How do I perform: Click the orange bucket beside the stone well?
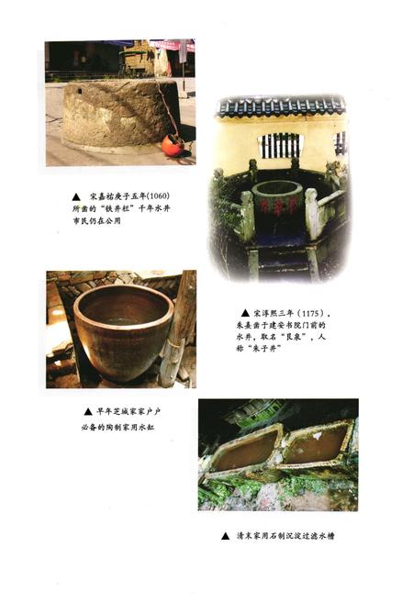tap(171, 144)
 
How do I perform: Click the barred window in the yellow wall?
tap(281, 145)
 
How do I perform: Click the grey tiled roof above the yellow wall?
tap(280, 107)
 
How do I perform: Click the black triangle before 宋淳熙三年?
tap(245, 313)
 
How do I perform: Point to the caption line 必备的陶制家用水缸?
tap(117, 426)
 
